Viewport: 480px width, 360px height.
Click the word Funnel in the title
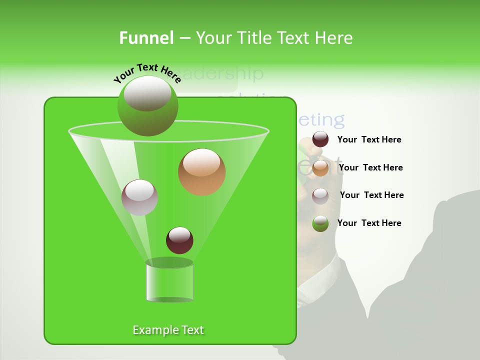(146, 38)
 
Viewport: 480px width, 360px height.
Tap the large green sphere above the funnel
(147, 106)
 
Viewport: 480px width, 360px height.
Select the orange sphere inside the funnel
(201, 172)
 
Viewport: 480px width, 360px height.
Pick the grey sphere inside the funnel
(139, 197)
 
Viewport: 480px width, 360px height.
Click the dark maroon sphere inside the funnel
(179, 240)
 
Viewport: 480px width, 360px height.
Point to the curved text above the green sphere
(147, 73)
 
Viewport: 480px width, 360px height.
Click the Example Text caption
(168, 330)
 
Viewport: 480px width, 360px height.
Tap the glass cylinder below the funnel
(169, 282)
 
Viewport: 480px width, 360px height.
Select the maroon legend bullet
(320, 139)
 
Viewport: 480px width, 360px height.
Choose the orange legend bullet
(320, 168)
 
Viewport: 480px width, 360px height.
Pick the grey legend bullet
(320, 195)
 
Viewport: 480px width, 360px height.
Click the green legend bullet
(320, 223)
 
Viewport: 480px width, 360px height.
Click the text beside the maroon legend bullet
(369, 140)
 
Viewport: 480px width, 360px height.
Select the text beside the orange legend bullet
(370, 167)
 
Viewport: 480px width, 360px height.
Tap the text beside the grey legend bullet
(371, 195)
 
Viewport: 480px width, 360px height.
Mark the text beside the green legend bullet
(369, 223)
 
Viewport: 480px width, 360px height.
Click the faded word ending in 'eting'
(320, 120)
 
